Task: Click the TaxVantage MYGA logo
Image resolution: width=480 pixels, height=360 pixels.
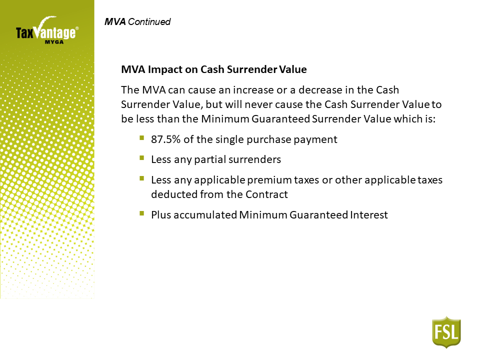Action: coord(47,30)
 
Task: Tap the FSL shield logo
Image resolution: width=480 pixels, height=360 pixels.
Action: coord(446,332)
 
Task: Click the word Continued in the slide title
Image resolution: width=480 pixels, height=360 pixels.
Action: coord(149,21)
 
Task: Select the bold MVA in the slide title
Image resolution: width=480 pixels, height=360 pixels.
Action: coord(115,21)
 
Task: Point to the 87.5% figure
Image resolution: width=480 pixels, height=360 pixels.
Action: coord(165,139)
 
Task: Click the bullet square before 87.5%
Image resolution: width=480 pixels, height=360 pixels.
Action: coord(141,138)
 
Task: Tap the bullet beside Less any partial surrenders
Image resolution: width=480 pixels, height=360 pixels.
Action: coord(141,158)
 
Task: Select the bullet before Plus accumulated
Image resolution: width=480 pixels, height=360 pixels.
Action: coord(141,213)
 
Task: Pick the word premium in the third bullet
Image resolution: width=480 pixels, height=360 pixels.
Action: coord(269,180)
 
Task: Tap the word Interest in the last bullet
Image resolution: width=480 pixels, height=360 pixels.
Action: coord(369,215)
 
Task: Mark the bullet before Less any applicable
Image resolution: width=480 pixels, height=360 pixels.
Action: coord(141,178)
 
